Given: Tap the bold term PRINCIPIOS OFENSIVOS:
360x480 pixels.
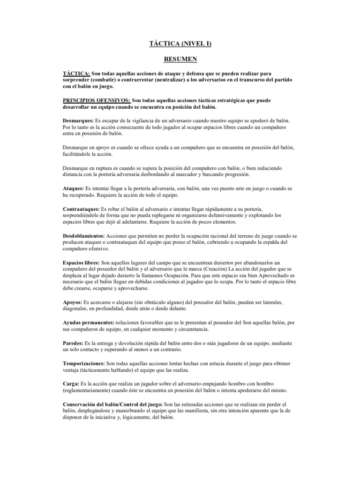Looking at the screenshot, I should pos(97,100).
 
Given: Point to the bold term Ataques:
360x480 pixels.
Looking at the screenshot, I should pos(73,187).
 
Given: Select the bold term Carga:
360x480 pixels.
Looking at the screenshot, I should pos(71,383).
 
